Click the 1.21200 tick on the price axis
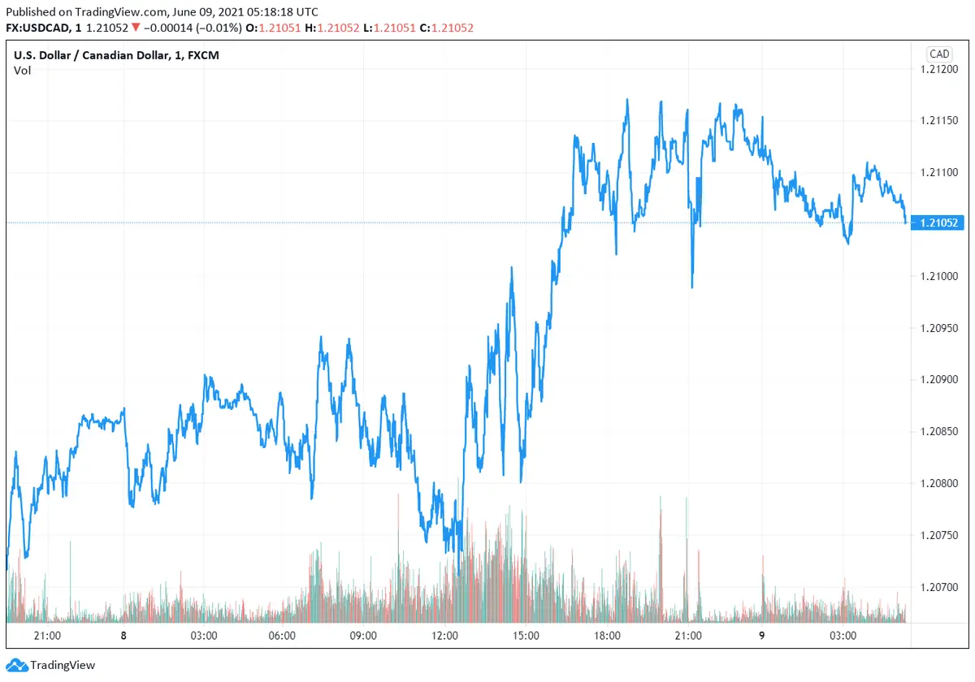[939, 69]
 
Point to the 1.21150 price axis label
[939, 121]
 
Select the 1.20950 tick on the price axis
[939, 328]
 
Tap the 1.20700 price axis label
[939, 586]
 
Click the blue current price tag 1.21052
[939, 222]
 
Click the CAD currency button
[939, 54]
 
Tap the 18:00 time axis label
[608, 636]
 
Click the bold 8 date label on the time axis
[123, 636]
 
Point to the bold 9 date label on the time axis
[761, 636]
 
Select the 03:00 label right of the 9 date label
[843, 636]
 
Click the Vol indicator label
[22, 71]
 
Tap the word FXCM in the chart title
[202, 55]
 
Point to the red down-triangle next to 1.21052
[136, 28]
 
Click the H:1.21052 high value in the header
[331, 28]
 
